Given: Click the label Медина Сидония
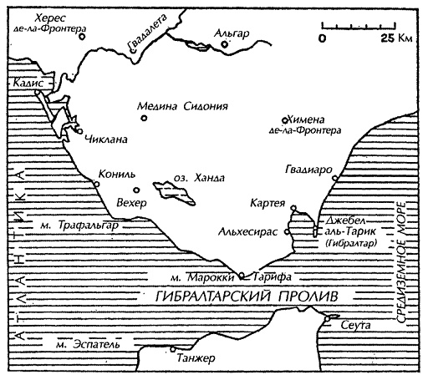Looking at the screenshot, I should coord(180,104).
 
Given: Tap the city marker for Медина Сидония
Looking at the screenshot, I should coord(144,119).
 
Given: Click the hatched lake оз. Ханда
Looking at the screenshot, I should coord(176,194).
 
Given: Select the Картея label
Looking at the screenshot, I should coord(267,203).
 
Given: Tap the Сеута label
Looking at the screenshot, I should coord(356,323).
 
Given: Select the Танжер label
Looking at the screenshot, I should coord(196,358).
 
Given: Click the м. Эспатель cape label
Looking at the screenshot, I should coord(72,342).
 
